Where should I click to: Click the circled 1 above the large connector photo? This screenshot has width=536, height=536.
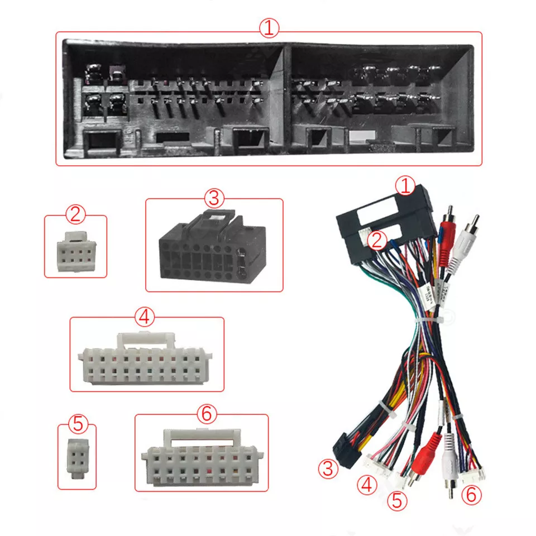tap(269, 28)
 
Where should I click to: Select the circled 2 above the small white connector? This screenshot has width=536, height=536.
tap(75, 214)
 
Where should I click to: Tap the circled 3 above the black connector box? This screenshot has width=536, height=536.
tap(214, 198)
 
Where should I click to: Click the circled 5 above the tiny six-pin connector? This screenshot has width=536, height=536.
tap(78, 424)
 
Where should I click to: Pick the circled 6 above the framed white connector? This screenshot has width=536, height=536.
tap(207, 414)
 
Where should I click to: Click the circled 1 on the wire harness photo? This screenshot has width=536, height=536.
tap(405, 186)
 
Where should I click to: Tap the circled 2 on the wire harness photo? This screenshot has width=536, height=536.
tap(377, 240)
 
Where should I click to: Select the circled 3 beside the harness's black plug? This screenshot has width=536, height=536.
tap(328, 468)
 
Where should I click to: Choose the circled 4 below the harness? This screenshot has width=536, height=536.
tap(367, 485)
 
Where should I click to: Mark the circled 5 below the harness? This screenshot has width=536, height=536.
tap(397, 500)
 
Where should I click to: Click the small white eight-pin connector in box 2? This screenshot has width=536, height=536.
tap(76, 252)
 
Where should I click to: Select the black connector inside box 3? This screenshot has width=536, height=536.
tap(212, 246)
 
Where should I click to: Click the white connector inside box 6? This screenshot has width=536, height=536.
tap(202, 457)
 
